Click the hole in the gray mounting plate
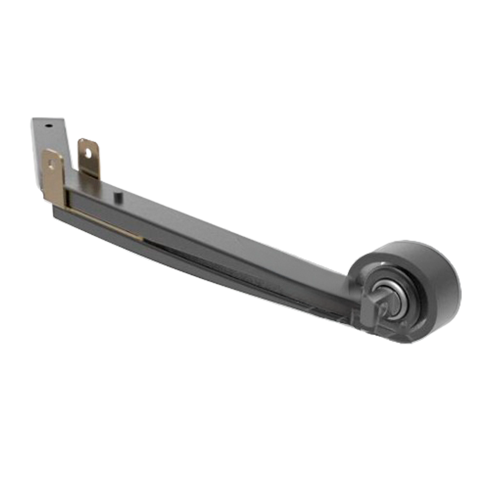[x=48, y=125]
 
